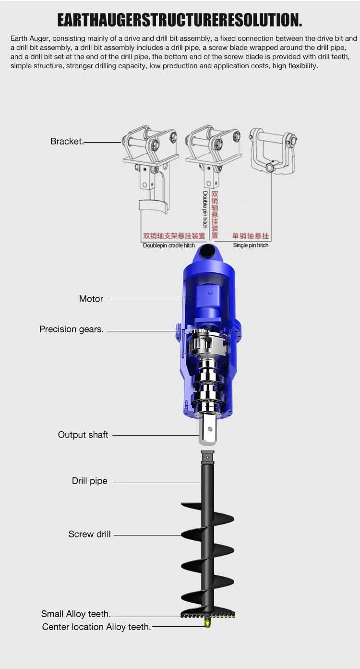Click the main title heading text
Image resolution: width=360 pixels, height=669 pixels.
(180, 20)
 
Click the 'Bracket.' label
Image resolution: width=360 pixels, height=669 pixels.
(67, 141)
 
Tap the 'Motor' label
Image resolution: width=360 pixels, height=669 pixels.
(91, 299)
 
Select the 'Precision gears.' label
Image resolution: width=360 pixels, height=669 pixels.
(72, 329)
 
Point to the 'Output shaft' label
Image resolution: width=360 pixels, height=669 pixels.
(83, 435)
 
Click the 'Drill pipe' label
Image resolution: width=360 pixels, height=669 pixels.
(89, 481)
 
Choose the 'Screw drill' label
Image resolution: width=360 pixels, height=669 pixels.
(89, 534)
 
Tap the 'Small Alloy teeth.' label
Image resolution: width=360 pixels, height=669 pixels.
(76, 614)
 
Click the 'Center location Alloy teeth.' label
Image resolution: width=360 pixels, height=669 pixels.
(96, 627)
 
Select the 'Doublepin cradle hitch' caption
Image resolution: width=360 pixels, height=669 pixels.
(169, 245)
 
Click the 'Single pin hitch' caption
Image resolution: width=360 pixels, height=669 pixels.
(251, 245)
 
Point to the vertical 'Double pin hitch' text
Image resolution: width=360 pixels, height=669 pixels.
(205, 209)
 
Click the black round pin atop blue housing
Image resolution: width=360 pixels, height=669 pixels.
(208, 250)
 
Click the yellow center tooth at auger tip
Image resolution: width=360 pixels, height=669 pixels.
(208, 623)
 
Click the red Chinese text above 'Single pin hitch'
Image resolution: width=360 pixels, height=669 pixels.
(251, 236)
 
